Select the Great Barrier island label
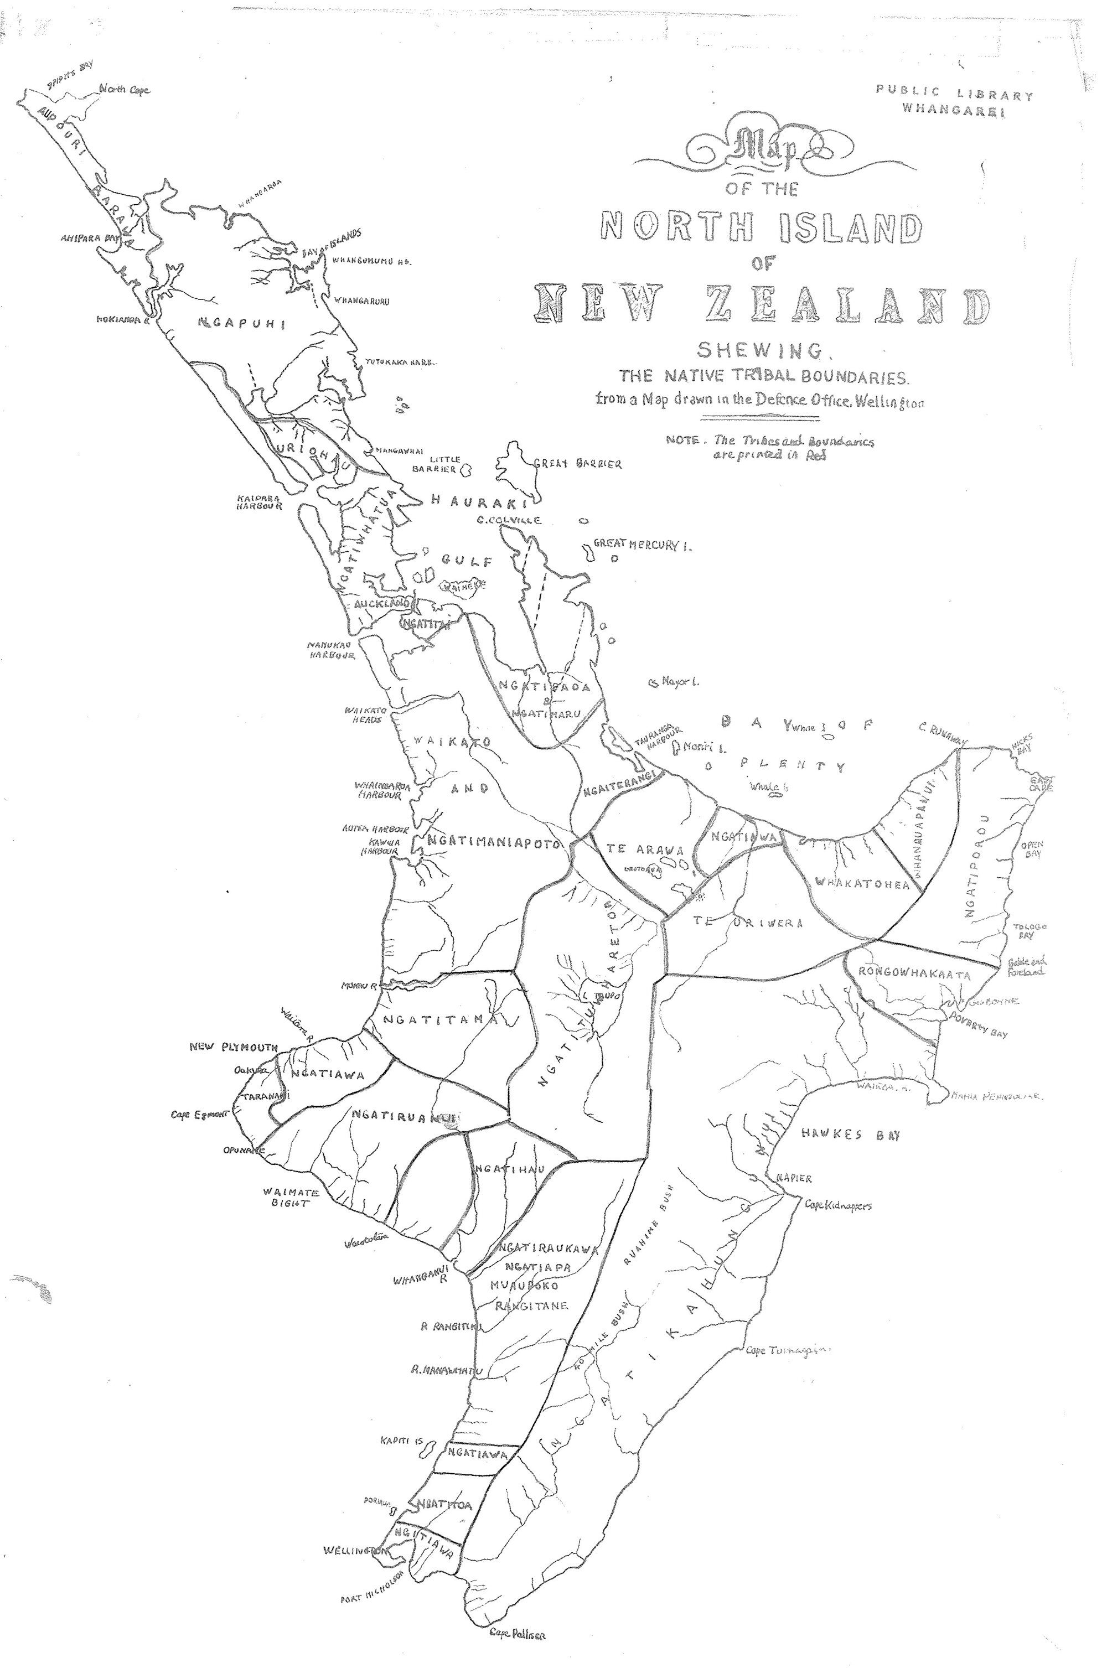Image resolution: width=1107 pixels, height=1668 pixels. (x=577, y=464)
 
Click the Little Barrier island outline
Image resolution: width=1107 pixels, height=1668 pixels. (x=466, y=468)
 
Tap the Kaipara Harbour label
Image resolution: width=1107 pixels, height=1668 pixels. (x=259, y=502)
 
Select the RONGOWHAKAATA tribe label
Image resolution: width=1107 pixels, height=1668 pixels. (x=914, y=974)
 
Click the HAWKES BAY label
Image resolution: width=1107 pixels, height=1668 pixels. (x=851, y=1135)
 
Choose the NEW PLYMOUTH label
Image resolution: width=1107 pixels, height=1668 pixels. (x=234, y=1047)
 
